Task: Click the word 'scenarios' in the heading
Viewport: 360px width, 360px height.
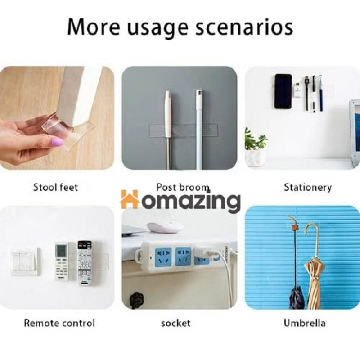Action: (244, 27)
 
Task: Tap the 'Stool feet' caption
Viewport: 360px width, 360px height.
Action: (55, 187)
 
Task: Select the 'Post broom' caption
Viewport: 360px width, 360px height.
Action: (183, 187)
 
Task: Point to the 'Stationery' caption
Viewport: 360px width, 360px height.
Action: (308, 187)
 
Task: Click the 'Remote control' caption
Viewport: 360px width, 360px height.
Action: (59, 323)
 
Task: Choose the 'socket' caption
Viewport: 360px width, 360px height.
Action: (175, 323)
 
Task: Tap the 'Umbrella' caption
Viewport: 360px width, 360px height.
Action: (305, 323)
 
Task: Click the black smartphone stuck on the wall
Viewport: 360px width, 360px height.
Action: (283, 91)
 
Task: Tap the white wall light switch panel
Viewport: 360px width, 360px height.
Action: (25, 262)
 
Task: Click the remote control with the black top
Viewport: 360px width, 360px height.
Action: (84, 263)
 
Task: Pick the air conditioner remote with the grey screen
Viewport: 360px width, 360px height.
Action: (62, 262)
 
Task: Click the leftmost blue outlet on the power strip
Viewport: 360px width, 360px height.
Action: (163, 257)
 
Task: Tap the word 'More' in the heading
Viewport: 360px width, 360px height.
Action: (94, 27)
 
